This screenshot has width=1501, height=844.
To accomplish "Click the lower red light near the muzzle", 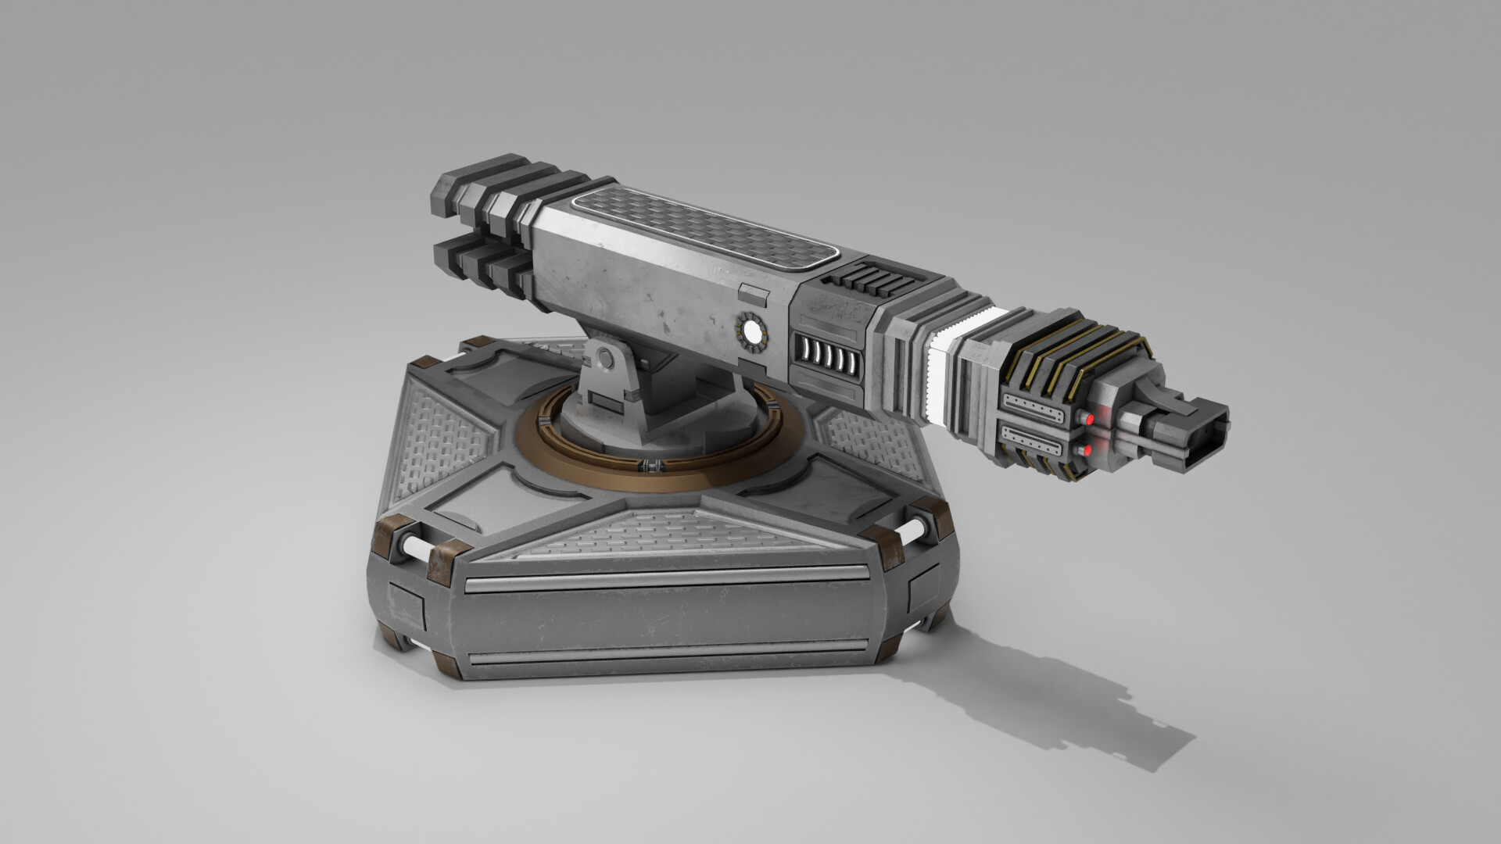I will (1086, 451).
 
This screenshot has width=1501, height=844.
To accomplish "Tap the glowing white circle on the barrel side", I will (753, 334).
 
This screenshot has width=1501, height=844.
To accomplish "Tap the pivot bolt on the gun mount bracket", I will (604, 360).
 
